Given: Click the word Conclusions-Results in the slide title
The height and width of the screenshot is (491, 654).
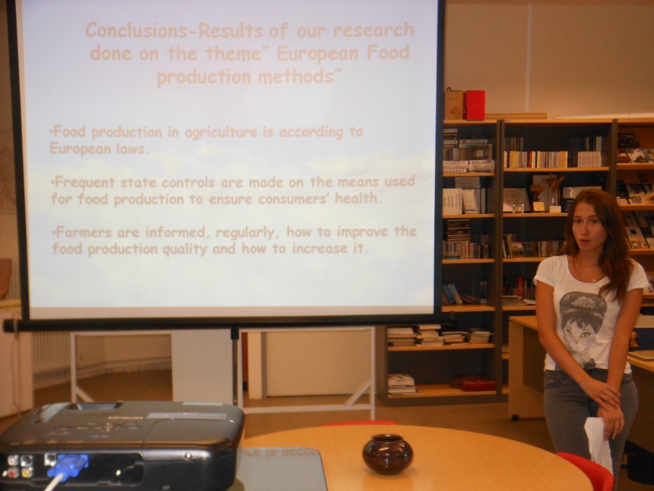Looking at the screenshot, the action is (x=174, y=31).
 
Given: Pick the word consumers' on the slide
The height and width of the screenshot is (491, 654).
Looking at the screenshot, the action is (x=294, y=199).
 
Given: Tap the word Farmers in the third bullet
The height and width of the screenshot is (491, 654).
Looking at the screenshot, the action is (x=82, y=231).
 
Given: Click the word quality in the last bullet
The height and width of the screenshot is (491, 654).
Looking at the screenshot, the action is (x=185, y=250).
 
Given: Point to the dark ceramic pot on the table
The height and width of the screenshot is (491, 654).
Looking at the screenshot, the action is (x=388, y=454).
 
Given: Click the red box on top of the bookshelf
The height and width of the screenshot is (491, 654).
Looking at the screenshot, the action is (x=475, y=105).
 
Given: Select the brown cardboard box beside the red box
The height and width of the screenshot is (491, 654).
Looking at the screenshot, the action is (x=454, y=104).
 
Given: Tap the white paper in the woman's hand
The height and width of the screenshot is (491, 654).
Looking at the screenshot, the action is (x=597, y=442).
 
